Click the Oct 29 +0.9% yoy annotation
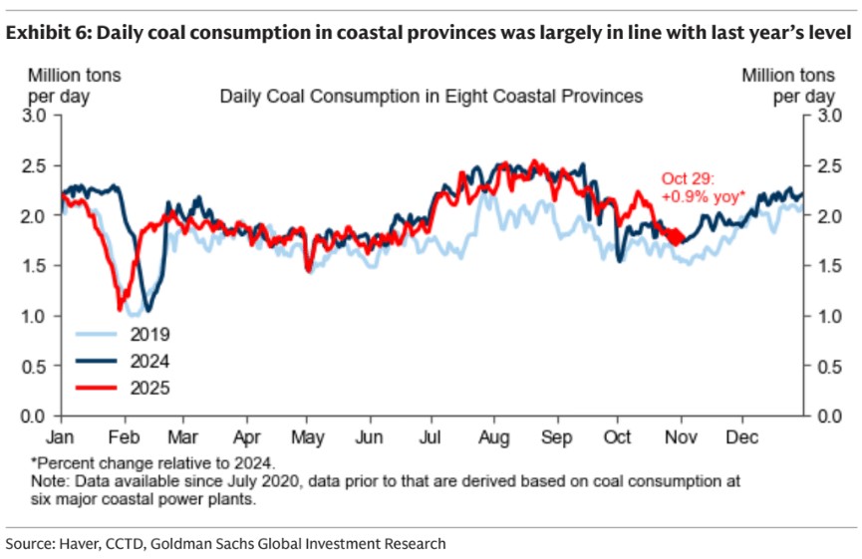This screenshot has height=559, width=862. click(x=703, y=187)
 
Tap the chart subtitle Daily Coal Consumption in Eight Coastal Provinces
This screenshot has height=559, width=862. click(x=431, y=97)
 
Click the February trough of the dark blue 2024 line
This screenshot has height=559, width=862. click(x=147, y=309)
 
